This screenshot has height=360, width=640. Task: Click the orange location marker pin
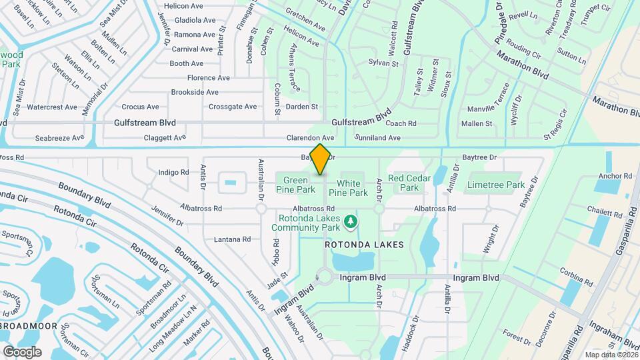320,159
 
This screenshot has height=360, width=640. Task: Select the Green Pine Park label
295,185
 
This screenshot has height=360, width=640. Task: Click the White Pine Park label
352,188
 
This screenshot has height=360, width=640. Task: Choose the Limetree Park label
496,184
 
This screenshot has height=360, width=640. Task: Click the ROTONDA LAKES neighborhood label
364,245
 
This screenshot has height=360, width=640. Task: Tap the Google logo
22,351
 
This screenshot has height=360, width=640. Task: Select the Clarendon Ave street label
310,138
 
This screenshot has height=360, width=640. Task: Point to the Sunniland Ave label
378,138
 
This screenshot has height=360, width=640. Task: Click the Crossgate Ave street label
233,107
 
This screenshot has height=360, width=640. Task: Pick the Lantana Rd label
232,239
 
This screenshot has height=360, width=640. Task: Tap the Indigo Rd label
173,172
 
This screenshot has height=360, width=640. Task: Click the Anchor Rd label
615,176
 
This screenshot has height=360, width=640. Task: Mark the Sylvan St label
383,63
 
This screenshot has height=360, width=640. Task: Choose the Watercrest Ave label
52,107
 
